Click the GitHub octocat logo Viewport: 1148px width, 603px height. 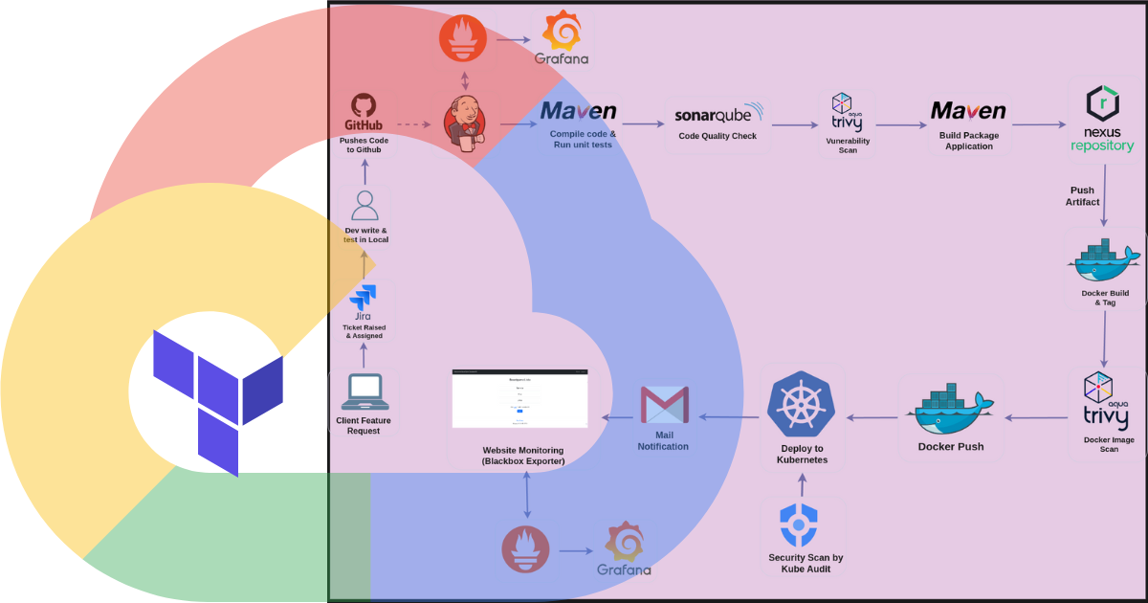click(x=363, y=104)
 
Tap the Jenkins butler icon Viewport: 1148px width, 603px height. click(x=464, y=123)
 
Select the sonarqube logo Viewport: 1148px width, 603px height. click(x=718, y=114)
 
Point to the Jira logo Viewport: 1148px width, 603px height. click(x=364, y=297)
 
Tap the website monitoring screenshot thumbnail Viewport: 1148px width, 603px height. click(x=519, y=400)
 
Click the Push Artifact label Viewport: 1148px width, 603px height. click(x=1083, y=196)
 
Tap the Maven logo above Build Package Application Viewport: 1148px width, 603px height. click(x=968, y=112)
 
